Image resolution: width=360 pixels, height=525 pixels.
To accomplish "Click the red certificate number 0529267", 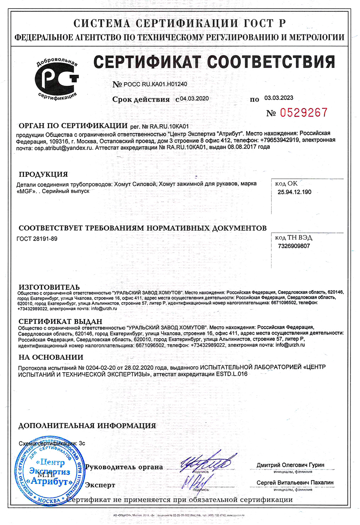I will [304, 113].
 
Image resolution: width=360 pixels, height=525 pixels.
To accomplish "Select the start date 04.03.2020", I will [195, 99].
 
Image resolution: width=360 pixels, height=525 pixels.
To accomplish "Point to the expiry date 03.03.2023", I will [279, 98].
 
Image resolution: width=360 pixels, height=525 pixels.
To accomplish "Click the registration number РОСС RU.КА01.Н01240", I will [155, 84].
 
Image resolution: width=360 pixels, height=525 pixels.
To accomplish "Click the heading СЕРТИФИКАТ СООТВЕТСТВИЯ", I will [214, 62].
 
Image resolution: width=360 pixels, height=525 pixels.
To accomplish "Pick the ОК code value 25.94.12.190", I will [294, 192].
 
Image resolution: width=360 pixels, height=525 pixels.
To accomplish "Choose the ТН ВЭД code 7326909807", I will [294, 246].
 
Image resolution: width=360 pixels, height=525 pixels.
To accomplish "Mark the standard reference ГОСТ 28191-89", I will [37, 239].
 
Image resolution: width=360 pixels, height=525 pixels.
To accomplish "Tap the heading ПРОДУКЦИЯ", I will [43, 174].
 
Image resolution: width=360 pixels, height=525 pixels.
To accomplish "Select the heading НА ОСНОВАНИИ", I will [51, 357].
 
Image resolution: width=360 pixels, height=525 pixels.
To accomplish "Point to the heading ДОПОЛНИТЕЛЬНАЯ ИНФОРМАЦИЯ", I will [87, 426].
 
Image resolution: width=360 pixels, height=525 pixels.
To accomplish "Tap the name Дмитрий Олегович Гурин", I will [291, 465].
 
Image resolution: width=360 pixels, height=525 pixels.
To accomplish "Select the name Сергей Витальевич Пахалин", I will [295, 482].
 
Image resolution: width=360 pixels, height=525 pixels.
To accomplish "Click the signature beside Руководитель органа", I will [206, 463].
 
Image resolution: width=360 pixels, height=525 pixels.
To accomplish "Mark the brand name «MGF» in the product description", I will [26, 191].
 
